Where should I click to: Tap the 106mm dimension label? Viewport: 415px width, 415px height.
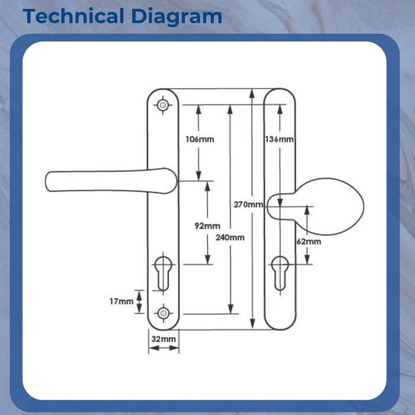(x=200, y=139)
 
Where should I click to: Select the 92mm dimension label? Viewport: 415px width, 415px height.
(x=207, y=226)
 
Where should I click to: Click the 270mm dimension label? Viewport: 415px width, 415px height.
(x=248, y=205)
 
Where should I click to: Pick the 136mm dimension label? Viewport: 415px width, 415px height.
(x=278, y=139)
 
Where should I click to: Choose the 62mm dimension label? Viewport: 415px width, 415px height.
(x=309, y=241)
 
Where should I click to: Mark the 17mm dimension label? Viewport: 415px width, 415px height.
(x=122, y=301)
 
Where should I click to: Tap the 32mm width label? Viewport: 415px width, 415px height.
(x=164, y=339)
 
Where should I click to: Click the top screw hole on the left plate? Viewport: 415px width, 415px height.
(x=163, y=105)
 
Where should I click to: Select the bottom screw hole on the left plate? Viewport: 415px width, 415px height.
(x=163, y=312)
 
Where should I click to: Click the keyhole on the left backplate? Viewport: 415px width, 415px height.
(x=163, y=272)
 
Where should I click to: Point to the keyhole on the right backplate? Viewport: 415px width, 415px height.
(x=279, y=272)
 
